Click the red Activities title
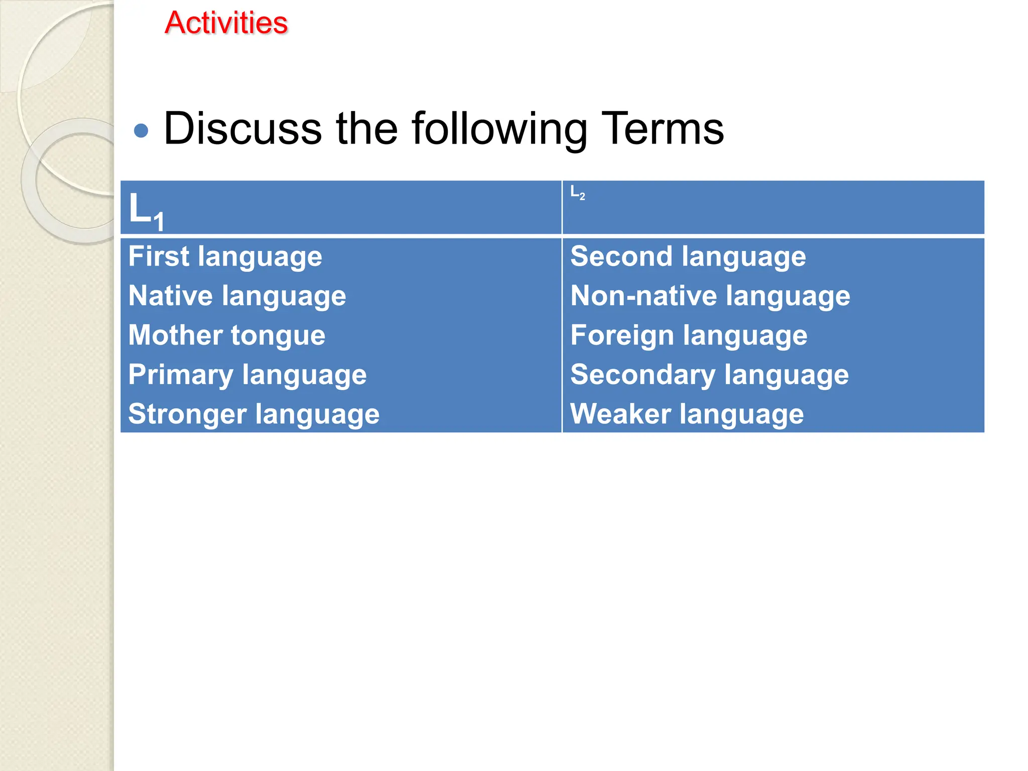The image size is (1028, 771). click(226, 23)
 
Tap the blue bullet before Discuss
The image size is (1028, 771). click(142, 131)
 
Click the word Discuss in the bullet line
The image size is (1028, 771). click(242, 129)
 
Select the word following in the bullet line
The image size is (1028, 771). click(499, 129)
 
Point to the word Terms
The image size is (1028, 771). click(662, 129)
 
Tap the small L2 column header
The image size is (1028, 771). click(578, 193)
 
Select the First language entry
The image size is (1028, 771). click(225, 257)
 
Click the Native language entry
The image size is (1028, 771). click(237, 296)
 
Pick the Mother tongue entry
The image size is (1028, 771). click(226, 335)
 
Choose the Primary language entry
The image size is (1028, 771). click(247, 375)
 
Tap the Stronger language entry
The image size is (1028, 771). click(253, 415)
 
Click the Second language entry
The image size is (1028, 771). click(688, 257)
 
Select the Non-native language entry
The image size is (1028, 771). click(710, 296)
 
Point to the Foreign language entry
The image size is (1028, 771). click(689, 335)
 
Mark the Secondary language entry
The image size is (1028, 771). click(709, 375)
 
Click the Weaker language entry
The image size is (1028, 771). click(687, 415)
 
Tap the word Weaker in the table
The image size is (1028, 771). click(620, 415)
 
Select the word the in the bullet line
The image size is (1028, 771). click(366, 129)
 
